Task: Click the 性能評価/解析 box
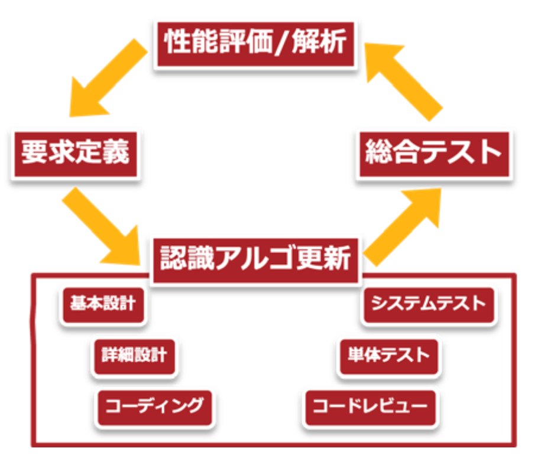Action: (x=255, y=44)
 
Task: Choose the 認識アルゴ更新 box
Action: (x=255, y=258)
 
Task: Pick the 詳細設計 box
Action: (x=134, y=356)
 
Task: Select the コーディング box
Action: (x=154, y=406)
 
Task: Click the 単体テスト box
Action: (x=388, y=356)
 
